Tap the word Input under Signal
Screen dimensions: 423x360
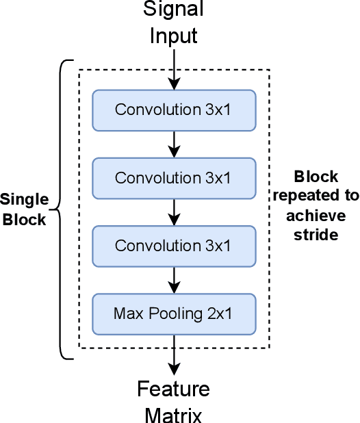(x=174, y=34)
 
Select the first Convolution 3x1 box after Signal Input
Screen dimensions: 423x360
(x=174, y=110)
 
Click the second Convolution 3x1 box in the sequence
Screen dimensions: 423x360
(x=174, y=178)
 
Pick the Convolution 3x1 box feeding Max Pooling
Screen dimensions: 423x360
(x=174, y=246)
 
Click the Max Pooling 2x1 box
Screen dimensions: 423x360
(x=174, y=314)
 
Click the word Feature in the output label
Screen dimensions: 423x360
(x=174, y=389)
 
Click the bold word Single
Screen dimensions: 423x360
(x=24, y=200)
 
